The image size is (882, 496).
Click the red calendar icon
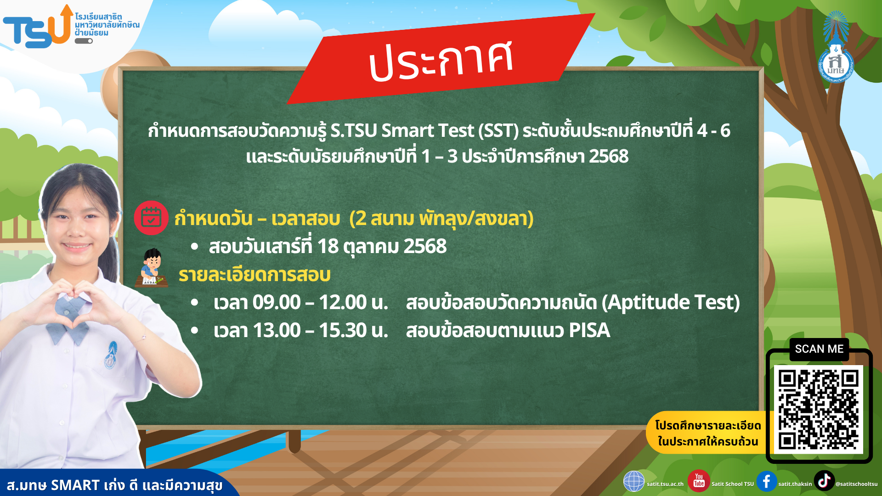tap(151, 218)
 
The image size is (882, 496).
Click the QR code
tap(819, 409)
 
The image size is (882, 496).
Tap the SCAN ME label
tap(819, 349)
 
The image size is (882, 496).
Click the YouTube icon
tap(699, 481)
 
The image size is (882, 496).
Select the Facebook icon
tap(766, 481)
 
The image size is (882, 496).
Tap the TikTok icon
tap(824, 481)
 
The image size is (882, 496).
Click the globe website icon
tap(634, 481)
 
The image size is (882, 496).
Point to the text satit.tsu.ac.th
tap(665, 484)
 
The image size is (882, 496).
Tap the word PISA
tap(589, 331)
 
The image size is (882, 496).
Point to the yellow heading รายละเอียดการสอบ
tap(254, 275)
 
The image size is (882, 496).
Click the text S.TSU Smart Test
tap(402, 131)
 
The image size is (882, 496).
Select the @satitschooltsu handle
tap(856, 484)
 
